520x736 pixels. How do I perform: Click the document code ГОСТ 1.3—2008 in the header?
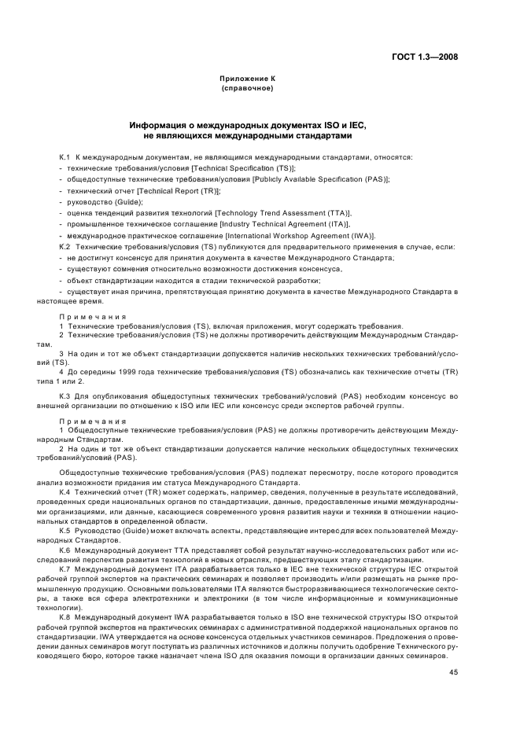click(x=425, y=57)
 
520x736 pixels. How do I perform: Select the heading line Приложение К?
click(x=247, y=79)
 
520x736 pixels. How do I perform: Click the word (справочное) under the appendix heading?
click(x=247, y=88)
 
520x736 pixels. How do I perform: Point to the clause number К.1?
click(x=65, y=157)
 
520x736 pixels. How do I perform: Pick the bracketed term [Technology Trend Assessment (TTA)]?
click(x=283, y=213)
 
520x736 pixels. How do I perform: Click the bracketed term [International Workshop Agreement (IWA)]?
click(x=301, y=235)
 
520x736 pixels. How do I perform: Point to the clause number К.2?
click(x=65, y=246)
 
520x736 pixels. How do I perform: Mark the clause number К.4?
click(x=65, y=491)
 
